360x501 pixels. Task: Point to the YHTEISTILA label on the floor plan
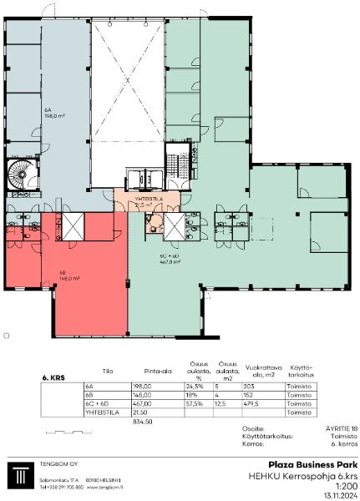[x=148, y=199]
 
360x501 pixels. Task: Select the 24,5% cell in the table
[x=195, y=387]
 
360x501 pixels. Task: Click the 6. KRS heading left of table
[x=53, y=377]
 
